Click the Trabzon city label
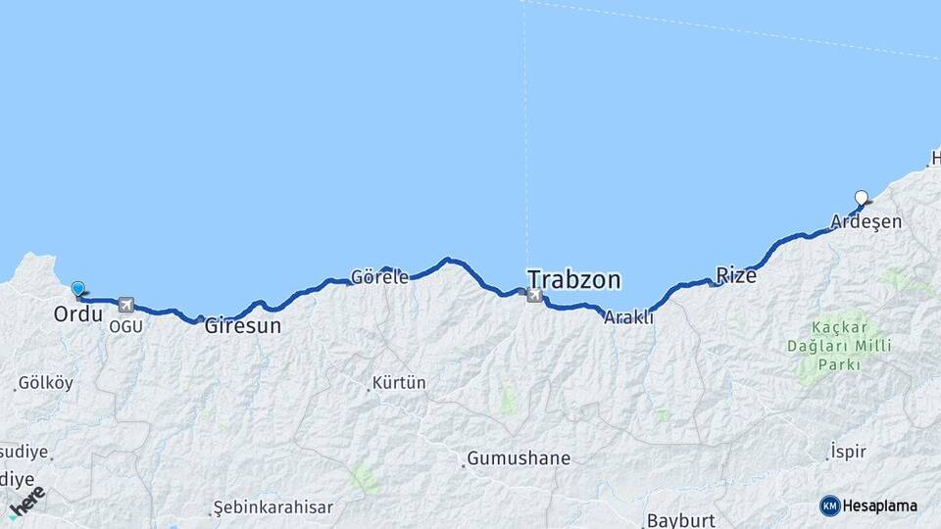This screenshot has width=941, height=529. click(573, 280)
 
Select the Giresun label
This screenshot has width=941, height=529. click(242, 327)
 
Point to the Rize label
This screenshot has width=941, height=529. click(736, 276)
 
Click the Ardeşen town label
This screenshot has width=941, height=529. click(866, 222)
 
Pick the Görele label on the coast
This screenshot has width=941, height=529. click(379, 277)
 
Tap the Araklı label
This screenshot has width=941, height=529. click(628, 317)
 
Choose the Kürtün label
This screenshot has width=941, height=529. click(399, 383)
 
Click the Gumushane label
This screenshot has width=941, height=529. click(518, 458)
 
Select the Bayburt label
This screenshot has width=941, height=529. click(680, 520)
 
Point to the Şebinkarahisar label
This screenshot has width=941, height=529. click(273, 508)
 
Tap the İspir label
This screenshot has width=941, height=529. click(847, 451)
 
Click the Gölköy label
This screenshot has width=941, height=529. click(45, 383)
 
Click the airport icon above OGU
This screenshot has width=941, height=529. click(125, 305)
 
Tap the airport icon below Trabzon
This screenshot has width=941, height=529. click(533, 295)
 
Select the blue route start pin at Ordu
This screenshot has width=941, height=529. click(77, 288)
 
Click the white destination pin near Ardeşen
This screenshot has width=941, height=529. click(862, 198)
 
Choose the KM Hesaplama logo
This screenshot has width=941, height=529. click(868, 505)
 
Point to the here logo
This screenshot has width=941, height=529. click(26, 502)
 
